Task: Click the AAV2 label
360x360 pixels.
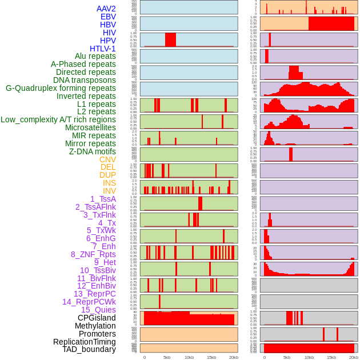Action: click(106, 9)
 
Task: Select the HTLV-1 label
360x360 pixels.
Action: click(103, 49)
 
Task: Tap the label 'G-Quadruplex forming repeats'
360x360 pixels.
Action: click(61, 88)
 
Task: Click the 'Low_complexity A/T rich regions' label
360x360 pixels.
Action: click(58, 119)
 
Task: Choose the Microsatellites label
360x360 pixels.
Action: click(90, 127)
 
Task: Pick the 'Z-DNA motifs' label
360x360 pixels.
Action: click(93, 151)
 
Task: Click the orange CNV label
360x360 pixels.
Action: click(107, 159)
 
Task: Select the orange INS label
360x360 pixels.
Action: click(109, 183)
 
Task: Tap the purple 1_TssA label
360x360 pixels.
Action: click(103, 199)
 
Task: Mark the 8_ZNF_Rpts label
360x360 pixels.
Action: click(93, 254)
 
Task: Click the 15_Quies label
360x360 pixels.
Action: click(98, 310)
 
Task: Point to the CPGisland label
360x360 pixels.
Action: click(97, 318)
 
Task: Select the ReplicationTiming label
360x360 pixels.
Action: click(85, 342)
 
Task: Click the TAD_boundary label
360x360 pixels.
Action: click(89, 349)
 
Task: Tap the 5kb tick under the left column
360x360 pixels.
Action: click(167, 357)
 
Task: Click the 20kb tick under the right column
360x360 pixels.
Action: click(354, 357)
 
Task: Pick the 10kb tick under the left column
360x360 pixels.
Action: click(189, 357)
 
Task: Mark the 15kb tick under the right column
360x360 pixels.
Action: click(331, 357)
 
